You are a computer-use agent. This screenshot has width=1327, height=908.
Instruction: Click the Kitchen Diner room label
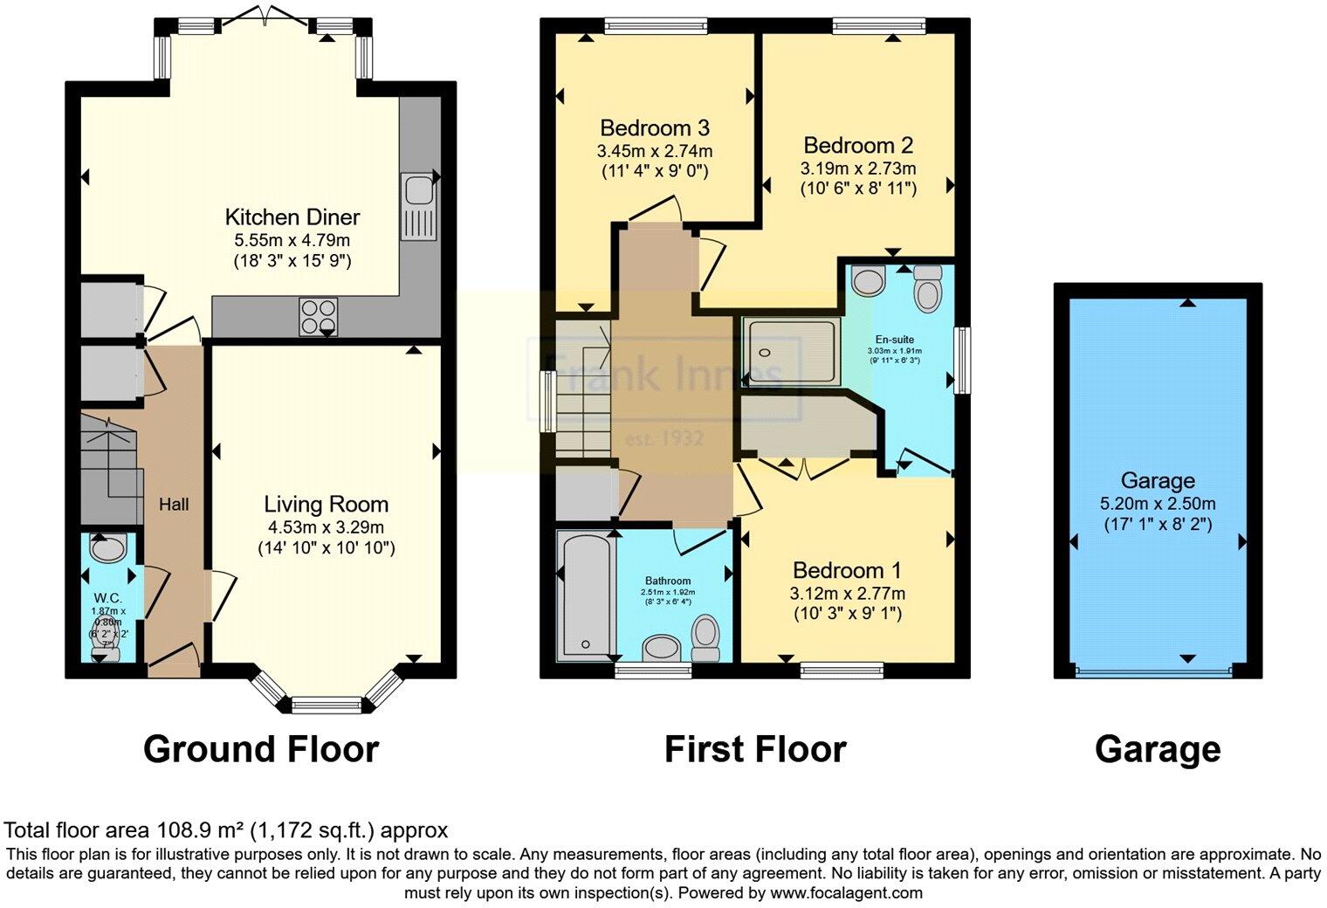292,217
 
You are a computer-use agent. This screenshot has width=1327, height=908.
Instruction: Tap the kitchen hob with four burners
319,316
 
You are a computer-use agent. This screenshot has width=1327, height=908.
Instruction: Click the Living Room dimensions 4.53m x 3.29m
326,527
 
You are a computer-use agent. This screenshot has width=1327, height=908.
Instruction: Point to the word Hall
174,505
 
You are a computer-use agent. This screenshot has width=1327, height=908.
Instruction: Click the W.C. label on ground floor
105,598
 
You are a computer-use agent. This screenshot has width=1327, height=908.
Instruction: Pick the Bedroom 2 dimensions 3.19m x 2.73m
858,168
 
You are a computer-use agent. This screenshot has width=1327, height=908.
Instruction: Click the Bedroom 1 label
847,571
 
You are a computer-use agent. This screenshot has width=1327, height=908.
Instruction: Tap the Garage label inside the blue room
1158,481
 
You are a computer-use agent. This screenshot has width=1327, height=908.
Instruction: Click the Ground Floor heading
260,750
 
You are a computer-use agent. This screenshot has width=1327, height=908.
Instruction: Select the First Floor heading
755,750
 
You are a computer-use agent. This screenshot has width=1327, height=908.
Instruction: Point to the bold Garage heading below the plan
1158,750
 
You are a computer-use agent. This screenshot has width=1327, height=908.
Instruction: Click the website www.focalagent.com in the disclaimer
846,893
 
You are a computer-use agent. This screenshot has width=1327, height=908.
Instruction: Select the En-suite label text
895,340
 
